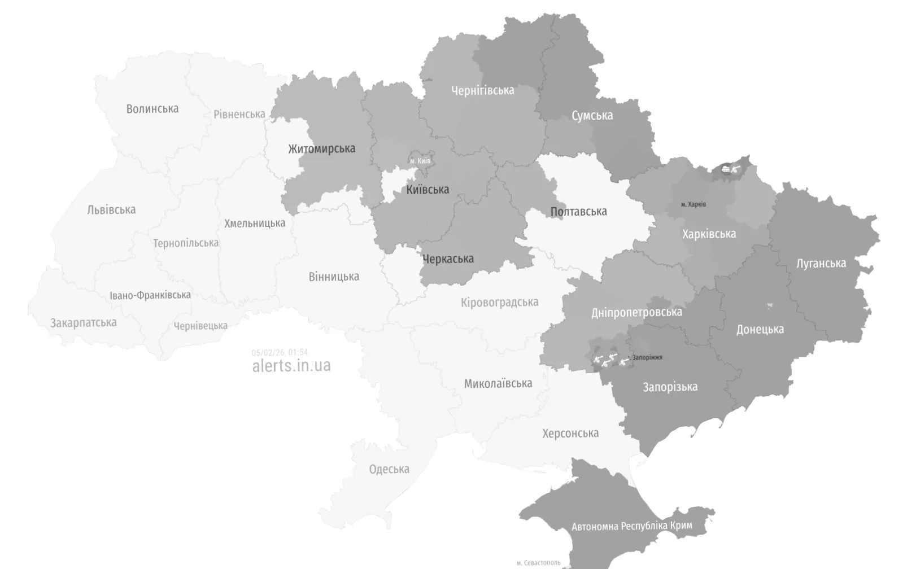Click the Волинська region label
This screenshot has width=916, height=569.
[152, 109]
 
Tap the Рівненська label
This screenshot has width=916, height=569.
[239, 114]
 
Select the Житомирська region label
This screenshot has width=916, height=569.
[321, 149]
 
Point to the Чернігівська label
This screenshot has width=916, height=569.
[482, 90]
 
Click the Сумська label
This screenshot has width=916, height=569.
[592, 116]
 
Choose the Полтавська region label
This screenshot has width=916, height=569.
[578, 212]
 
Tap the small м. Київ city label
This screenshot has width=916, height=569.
[420, 161]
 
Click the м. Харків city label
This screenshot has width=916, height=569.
[693, 204]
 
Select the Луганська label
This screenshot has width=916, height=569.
[821, 264]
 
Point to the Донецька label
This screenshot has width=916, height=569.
[760, 330]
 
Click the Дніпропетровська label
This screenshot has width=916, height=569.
[636, 312]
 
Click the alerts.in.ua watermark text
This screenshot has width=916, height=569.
[291, 366]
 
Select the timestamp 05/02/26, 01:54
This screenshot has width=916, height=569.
[280, 353]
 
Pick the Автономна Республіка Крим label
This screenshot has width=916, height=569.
[631, 526]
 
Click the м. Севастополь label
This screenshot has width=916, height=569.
[538, 563]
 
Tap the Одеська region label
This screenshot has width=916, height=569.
[389, 470]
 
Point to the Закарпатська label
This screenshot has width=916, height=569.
[84, 323]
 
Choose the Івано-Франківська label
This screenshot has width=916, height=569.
[150, 295]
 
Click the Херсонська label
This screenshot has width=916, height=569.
[570, 434]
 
